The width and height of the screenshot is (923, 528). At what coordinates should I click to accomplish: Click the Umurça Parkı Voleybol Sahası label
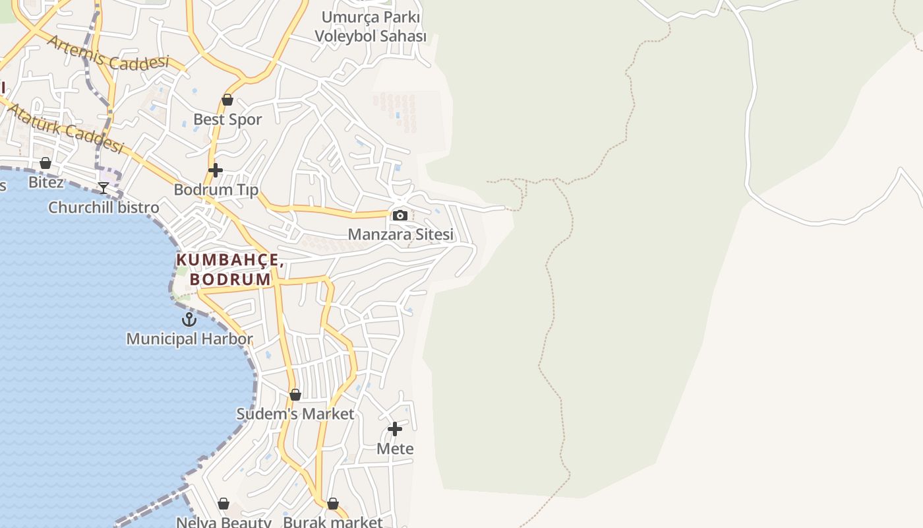tap(371, 26)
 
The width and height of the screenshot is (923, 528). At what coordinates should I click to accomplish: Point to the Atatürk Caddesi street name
tap(67, 126)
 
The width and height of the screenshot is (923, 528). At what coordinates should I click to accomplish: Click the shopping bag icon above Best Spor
tap(227, 100)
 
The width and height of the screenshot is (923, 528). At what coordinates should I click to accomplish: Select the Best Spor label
tap(227, 119)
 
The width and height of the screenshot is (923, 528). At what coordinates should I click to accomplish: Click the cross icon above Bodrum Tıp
tap(215, 170)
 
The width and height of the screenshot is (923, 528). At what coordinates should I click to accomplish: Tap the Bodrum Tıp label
tap(216, 190)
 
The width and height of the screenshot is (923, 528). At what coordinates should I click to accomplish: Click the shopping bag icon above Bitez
tap(45, 163)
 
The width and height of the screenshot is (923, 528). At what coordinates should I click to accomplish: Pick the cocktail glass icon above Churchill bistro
tap(104, 188)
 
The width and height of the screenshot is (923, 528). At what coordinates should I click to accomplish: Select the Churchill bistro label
tap(104, 207)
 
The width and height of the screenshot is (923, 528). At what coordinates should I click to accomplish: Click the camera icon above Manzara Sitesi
tap(400, 215)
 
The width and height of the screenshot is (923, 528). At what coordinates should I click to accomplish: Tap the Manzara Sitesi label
tap(401, 234)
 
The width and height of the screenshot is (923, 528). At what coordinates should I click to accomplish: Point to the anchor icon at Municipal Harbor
tap(189, 319)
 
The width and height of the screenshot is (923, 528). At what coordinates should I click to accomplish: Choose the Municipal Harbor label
tap(189, 339)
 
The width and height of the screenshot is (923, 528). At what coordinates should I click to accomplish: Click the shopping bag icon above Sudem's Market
tap(295, 395)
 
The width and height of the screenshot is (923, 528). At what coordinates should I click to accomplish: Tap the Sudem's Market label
tap(295, 414)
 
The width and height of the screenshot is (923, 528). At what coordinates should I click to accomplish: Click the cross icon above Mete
tap(395, 429)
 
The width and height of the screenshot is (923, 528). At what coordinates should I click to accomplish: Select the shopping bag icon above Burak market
tap(333, 504)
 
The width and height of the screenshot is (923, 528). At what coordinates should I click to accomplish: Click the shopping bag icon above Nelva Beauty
tap(223, 504)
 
